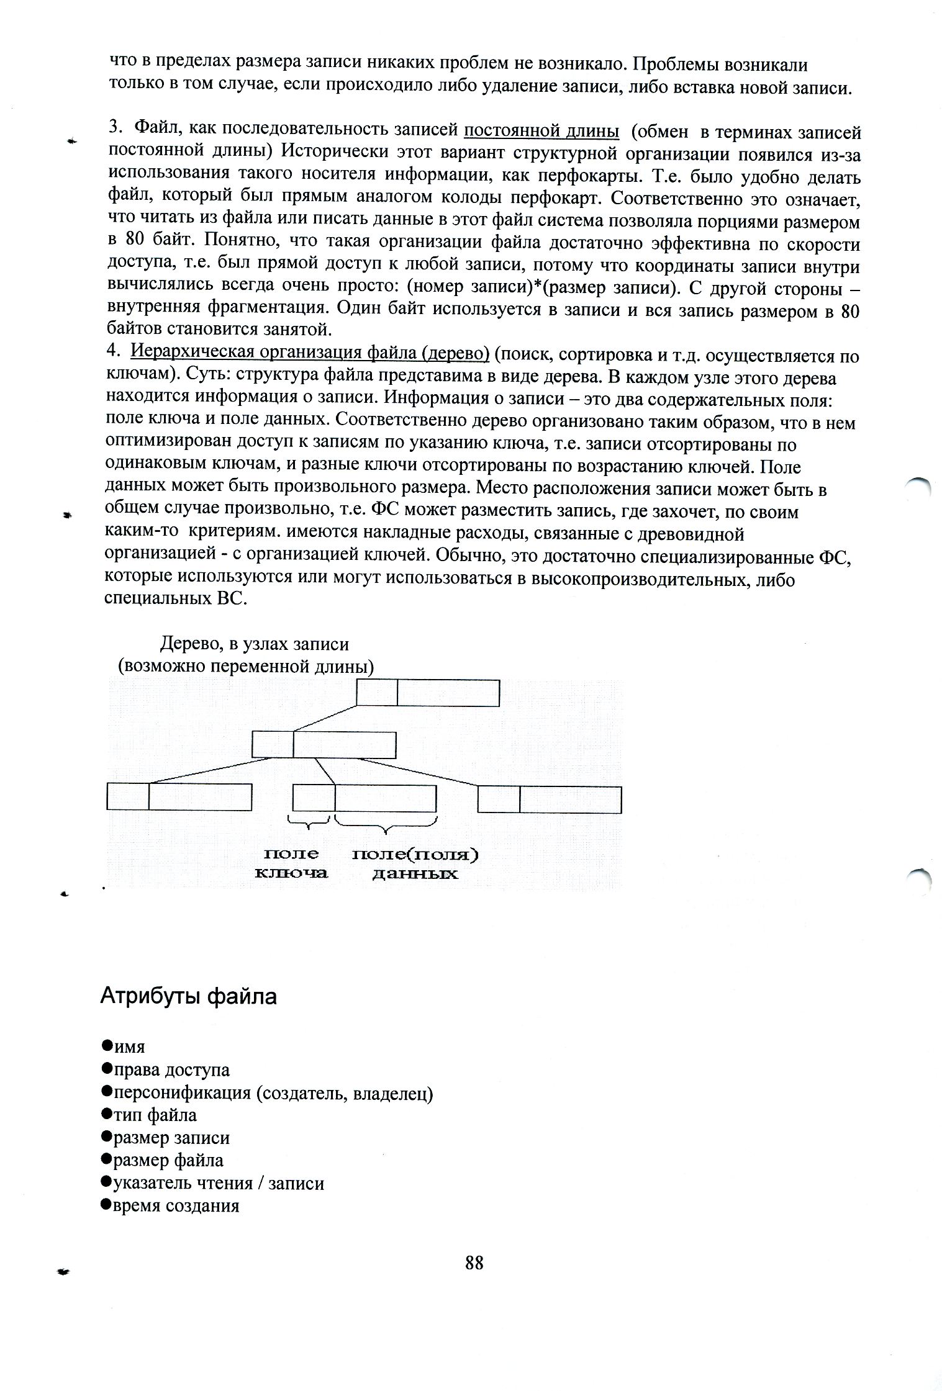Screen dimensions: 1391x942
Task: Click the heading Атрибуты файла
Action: [x=188, y=997]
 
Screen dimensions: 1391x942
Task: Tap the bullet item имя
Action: [x=129, y=1047]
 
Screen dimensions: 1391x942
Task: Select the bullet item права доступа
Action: [x=171, y=1069]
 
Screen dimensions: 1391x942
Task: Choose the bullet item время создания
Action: [x=176, y=1205]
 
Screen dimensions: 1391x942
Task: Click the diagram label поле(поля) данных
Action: [x=415, y=863]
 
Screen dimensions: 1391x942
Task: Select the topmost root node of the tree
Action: [x=428, y=693]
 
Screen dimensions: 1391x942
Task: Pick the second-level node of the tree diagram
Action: [x=324, y=744]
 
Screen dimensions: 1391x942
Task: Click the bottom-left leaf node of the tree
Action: [x=179, y=797]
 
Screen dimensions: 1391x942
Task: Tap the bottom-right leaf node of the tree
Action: [x=550, y=799]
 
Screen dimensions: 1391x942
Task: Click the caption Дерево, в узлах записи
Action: [x=255, y=644]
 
